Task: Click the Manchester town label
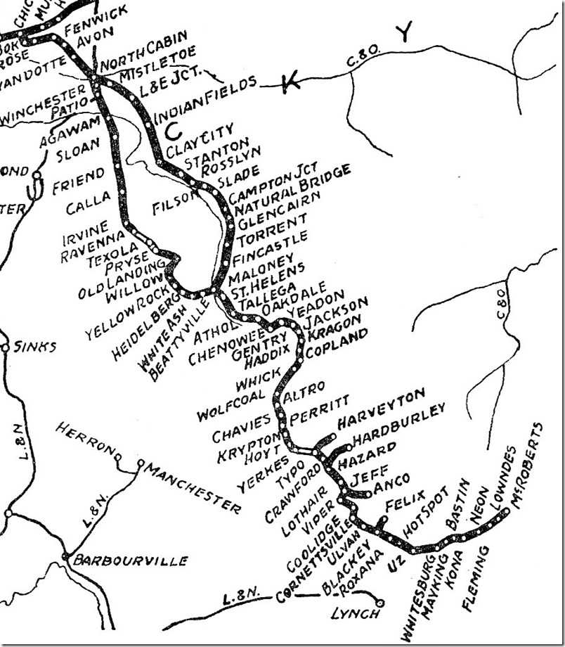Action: click(191, 485)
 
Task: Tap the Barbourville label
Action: click(131, 560)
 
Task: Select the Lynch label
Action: click(355, 613)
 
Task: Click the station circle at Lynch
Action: click(380, 603)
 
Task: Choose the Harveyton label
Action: click(382, 408)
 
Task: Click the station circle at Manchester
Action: click(141, 463)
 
